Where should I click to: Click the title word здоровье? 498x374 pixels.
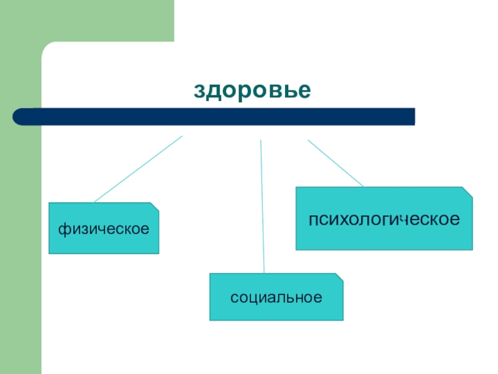point(252,90)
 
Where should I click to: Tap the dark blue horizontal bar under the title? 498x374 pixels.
point(215,117)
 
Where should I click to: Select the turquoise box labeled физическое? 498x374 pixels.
point(103,228)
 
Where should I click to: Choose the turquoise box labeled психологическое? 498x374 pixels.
point(383,219)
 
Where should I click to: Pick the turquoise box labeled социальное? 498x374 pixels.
point(276,297)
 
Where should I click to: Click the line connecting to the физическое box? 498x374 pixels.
point(138,169)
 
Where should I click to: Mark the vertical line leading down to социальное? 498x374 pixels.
point(262,206)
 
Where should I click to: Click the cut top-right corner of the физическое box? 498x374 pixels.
point(155,206)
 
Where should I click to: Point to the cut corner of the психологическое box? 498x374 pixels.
point(468,191)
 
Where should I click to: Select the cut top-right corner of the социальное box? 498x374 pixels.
point(339,276)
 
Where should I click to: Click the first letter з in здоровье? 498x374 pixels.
point(199,91)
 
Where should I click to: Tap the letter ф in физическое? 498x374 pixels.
point(64,229)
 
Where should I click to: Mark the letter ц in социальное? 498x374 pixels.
point(253,297)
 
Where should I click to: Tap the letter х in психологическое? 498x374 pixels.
point(346,219)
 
